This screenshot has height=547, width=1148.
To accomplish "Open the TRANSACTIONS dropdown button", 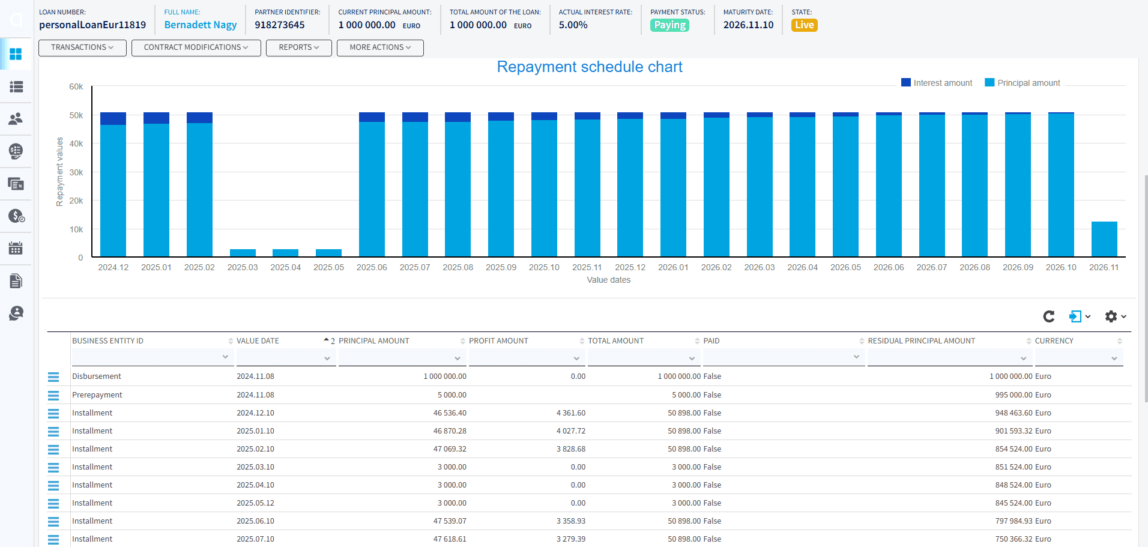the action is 82,47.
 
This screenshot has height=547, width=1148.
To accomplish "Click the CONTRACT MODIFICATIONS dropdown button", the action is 196,47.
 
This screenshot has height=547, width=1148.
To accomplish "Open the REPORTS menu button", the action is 298,47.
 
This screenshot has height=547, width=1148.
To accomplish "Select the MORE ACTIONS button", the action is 380,47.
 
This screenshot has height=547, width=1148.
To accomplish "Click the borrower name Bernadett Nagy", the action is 201,25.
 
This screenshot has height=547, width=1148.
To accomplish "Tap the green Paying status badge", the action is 669,25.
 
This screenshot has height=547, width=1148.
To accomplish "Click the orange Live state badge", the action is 804,25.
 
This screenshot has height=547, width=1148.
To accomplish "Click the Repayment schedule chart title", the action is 590,67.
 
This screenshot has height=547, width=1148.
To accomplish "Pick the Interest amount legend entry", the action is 937,83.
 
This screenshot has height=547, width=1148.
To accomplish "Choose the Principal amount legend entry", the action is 1023,83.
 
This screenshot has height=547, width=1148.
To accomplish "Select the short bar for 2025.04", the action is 285,253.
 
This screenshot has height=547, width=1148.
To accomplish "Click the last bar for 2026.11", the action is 1104,239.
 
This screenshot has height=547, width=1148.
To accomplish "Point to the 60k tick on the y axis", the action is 76,86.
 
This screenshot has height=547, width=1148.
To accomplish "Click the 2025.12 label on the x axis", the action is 630,267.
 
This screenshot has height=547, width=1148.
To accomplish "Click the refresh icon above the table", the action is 1049,316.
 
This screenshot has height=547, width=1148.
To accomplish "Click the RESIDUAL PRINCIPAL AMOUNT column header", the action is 921,341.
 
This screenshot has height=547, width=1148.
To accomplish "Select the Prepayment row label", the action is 97,395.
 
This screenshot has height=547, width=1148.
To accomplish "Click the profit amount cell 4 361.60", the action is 571,413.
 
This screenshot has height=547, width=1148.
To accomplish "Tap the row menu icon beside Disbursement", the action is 53,377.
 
